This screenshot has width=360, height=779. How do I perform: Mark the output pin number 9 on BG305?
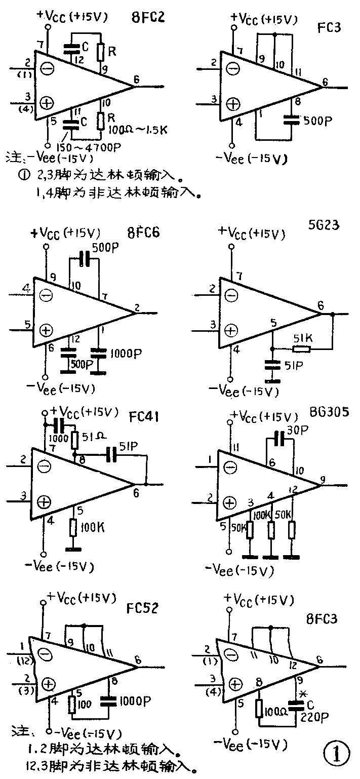(323, 480)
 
